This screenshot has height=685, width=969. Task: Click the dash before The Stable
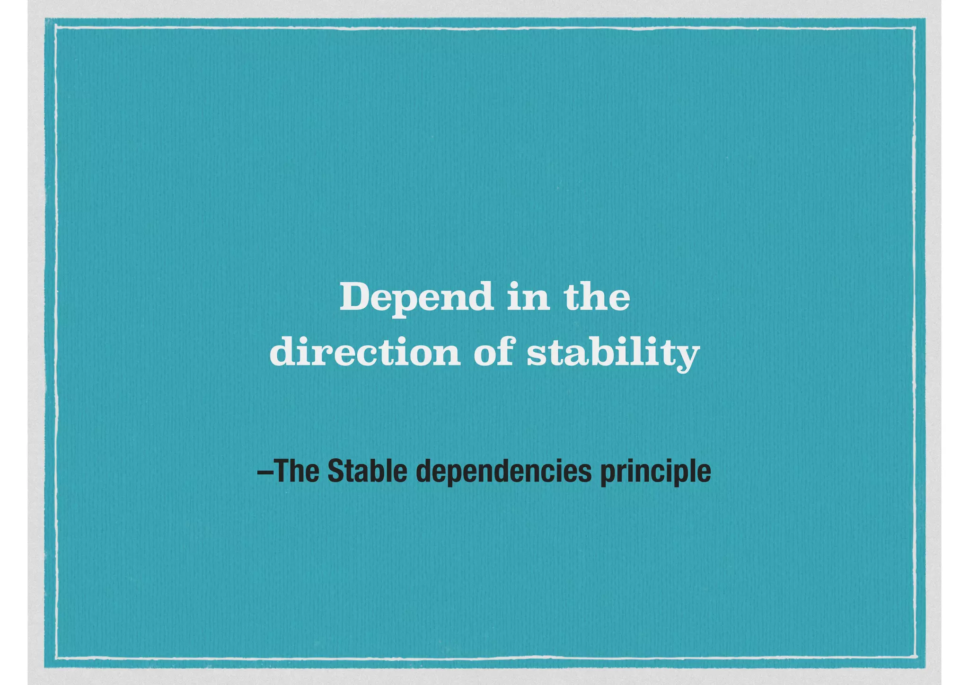coord(265,472)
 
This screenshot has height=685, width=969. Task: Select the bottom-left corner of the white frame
coord(56,658)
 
